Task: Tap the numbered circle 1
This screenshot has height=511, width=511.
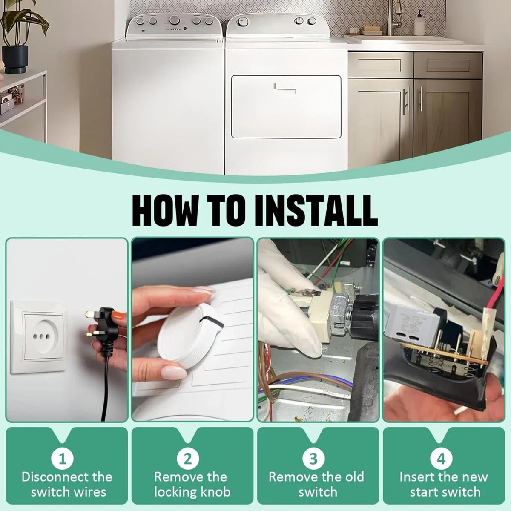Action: [63, 458]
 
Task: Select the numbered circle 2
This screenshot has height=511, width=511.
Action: [188, 458]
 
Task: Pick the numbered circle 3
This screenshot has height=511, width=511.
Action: [313, 458]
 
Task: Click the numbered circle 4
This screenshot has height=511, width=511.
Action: [441, 458]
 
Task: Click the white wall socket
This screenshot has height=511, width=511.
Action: [39, 336]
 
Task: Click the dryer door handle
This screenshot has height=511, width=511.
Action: [284, 88]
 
